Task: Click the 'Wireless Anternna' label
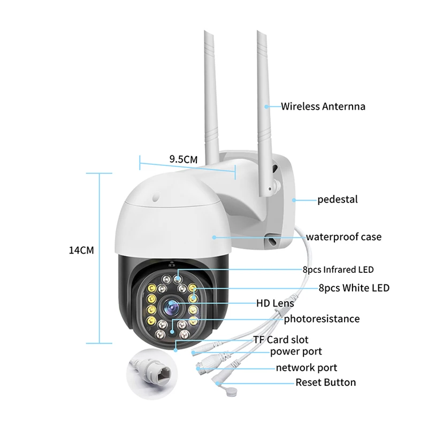tap(323, 106)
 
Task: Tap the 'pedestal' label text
tap(337, 200)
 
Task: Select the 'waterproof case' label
tap(343, 236)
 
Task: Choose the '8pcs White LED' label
tap(354, 288)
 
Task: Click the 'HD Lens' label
tap(275, 303)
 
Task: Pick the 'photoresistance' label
tap(322, 319)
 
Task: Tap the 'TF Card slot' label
tap(280, 340)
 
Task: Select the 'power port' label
tap(296, 351)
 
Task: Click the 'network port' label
tap(306, 368)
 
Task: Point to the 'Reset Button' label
tap(325, 383)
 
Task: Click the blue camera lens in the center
tap(171, 307)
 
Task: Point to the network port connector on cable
tap(205, 367)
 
